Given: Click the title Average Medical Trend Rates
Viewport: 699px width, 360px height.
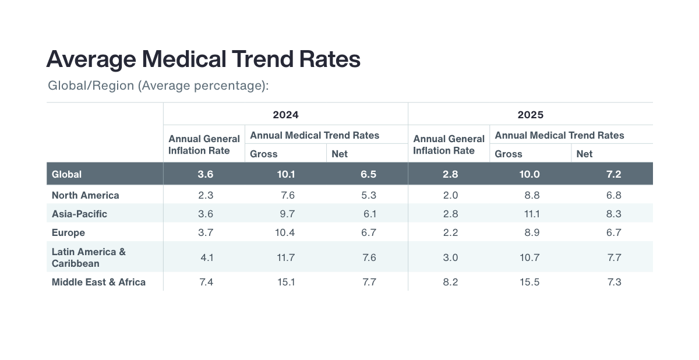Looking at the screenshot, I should click(203, 60).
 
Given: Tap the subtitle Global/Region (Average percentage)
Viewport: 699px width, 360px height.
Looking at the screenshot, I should click(158, 86).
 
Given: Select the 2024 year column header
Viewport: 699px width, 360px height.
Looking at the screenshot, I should click(285, 115).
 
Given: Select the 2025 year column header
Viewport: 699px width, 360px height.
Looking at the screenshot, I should click(530, 115).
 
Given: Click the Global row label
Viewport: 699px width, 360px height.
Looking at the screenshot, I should click(66, 174).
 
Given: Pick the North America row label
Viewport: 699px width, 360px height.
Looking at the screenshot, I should click(85, 195).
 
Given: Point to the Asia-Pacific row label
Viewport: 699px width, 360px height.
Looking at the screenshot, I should click(79, 214).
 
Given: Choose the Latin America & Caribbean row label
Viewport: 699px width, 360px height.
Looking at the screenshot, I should click(89, 257).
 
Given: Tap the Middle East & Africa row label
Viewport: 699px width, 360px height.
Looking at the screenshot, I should click(98, 282).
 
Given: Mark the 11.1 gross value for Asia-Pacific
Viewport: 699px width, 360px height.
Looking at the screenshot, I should click(532, 214).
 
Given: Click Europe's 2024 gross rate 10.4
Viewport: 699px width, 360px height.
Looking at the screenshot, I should click(285, 232).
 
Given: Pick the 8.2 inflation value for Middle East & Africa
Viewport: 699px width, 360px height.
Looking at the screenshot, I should click(450, 282).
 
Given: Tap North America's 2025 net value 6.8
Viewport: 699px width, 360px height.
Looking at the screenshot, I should click(613, 195).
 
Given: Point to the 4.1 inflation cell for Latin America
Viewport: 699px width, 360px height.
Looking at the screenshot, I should click(206, 257).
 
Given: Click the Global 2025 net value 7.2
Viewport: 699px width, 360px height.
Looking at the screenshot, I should click(613, 174).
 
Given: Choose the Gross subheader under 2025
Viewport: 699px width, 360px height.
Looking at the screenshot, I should click(509, 154).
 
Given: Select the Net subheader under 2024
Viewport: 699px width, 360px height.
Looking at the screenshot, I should click(340, 154).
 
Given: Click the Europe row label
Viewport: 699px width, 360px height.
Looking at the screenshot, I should click(68, 232).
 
